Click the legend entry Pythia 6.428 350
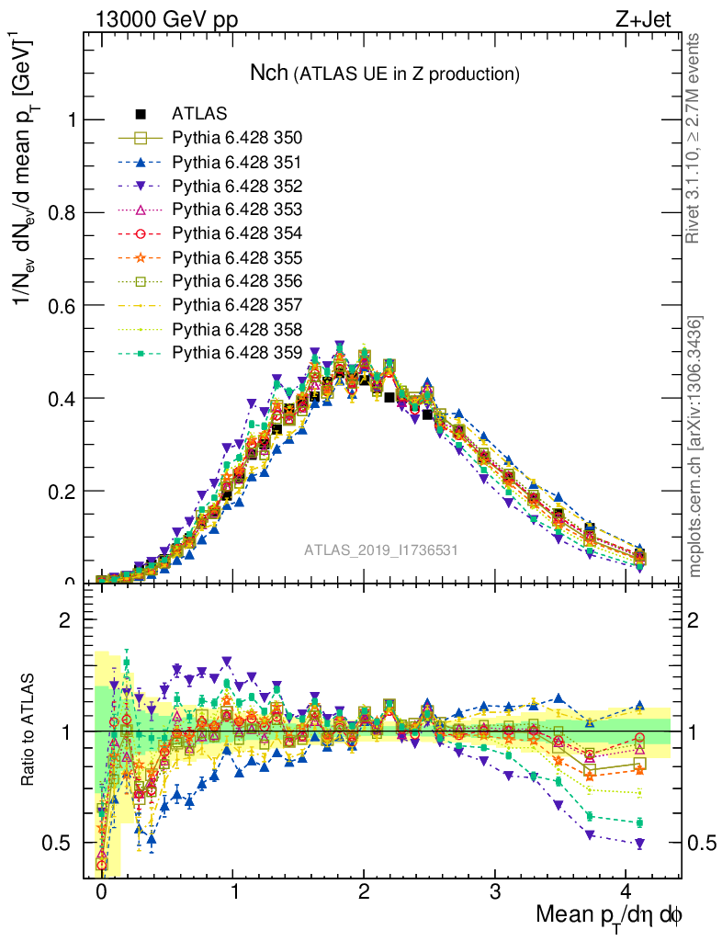237,138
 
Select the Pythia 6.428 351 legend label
237,162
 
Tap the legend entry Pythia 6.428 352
237,186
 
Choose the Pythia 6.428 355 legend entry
237,257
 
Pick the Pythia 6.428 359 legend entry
237,352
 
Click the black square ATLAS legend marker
141,114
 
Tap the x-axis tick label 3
495,892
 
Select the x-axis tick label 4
626,892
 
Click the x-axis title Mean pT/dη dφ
609,916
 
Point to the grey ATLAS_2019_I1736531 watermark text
381,550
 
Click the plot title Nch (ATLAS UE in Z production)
385,74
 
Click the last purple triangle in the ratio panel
639,844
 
